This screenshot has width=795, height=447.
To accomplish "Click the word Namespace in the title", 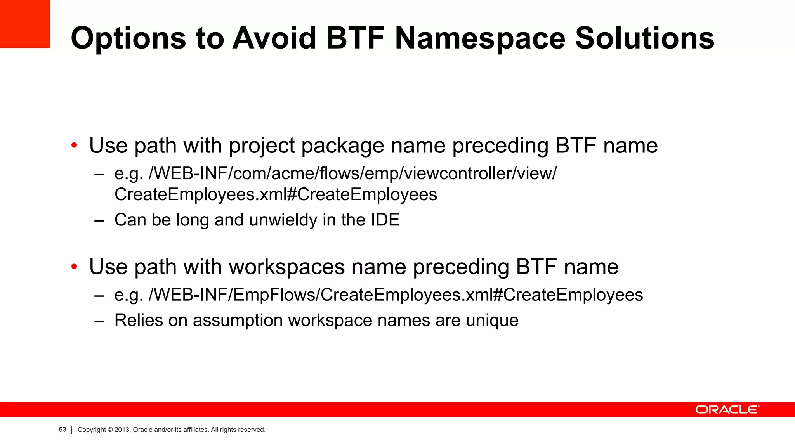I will [480, 38].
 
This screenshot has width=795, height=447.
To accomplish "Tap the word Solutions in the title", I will [644, 38].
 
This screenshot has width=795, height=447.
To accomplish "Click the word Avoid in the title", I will [274, 38].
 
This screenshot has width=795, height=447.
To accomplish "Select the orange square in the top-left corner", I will [24, 24].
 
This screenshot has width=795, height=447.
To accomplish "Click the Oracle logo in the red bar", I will [727, 410].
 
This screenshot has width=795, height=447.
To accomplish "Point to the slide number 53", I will [62, 430].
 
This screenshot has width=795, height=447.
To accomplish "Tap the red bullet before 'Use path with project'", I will [74, 146].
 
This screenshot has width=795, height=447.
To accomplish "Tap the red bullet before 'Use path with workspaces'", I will [74, 267].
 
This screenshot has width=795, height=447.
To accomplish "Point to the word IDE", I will [385, 220].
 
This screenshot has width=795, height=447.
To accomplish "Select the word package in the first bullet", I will [343, 146].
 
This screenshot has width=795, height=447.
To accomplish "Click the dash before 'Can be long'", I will [99, 220].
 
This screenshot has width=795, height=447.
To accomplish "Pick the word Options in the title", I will [128, 38].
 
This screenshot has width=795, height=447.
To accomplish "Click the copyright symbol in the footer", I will [110, 430].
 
